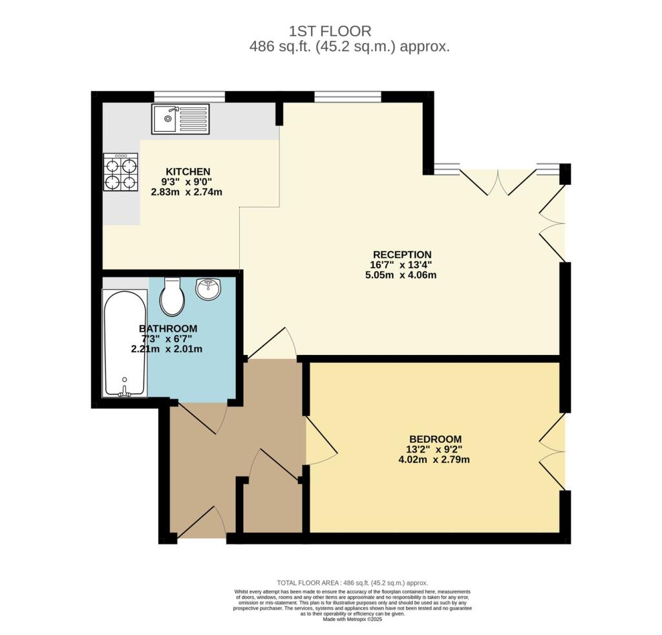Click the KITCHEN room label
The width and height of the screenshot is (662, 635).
[x=188, y=172]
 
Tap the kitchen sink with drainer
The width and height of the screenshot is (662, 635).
[x=181, y=119]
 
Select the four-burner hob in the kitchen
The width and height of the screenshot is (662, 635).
[x=121, y=172]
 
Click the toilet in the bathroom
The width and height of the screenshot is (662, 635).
[x=172, y=297]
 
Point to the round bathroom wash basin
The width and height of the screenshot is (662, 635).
[x=208, y=289]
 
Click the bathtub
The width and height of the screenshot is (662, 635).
[x=125, y=343]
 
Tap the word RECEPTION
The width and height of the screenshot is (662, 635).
[x=402, y=255]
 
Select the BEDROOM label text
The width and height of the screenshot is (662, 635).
[x=435, y=438]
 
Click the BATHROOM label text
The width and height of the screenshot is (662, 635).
[x=168, y=328]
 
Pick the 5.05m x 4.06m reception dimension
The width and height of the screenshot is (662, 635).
[x=401, y=275]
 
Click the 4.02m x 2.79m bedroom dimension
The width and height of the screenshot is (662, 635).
[x=434, y=459]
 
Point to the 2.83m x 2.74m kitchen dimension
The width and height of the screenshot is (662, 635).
[x=187, y=192]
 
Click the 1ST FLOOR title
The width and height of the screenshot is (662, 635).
[x=330, y=31]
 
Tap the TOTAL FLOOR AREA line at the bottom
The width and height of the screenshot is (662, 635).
[x=352, y=583]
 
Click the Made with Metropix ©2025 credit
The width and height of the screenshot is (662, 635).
[x=352, y=619]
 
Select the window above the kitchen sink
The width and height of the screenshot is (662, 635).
[x=189, y=97]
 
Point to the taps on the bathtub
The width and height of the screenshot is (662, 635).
[x=125, y=393]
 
